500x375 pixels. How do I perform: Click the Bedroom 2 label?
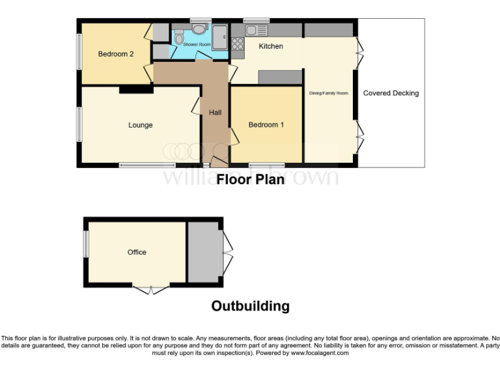pyautogui.click(x=116, y=54)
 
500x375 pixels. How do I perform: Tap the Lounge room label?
pyautogui.click(x=140, y=125)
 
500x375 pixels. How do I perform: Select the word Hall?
pyautogui.click(x=215, y=113)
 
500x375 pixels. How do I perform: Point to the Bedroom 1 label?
pyautogui.click(x=266, y=125)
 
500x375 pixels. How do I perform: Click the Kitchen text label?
pyautogui.click(x=271, y=46)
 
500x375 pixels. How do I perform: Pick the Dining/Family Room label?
pyautogui.click(x=329, y=93)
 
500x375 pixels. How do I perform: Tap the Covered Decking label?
pyautogui.click(x=391, y=93)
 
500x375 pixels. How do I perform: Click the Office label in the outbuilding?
pyautogui.click(x=137, y=252)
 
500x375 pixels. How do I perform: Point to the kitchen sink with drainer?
pyautogui.click(x=257, y=30)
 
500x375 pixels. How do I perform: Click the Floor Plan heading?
pyautogui.click(x=250, y=179)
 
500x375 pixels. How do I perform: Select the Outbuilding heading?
pyautogui.click(x=250, y=306)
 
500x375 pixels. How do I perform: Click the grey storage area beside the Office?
pyautogui.click(x=203, y=252)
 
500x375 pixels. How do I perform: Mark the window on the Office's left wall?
pyautogui.click(x=85, y=247)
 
